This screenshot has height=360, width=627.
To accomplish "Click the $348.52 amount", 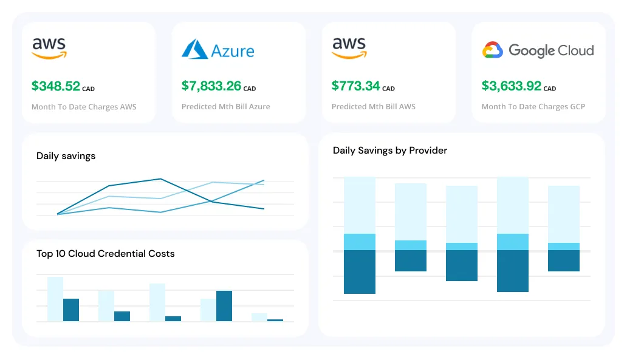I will click(55, 86).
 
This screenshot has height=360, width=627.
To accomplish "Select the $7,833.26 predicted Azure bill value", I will click(211, 86).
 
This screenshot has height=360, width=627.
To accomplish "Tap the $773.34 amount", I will click(355, 86).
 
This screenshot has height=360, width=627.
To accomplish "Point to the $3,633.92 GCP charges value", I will click(511, 86).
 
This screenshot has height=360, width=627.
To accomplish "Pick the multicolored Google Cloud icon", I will click(492, 50).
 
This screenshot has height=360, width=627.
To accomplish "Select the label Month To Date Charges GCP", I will click(533, 107).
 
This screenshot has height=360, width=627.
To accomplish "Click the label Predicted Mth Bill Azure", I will click(225, 107).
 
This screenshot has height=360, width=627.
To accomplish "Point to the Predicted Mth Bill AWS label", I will click(373, 107).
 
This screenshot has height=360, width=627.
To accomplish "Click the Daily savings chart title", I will click(66, 156).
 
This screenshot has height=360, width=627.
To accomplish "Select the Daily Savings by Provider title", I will click(389, 151).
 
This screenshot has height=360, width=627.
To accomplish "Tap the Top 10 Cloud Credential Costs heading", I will click(105, 254).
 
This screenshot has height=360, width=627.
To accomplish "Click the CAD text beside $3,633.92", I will click(549, 89).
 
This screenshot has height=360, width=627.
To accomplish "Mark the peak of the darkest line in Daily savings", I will click(160, 179).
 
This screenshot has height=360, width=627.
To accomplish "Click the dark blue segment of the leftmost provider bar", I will click(359, 272).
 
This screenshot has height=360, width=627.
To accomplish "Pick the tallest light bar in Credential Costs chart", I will click(55, 299).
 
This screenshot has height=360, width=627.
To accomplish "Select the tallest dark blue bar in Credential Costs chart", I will click(224, 306).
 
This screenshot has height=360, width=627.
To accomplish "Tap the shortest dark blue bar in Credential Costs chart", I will click(275, 320).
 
